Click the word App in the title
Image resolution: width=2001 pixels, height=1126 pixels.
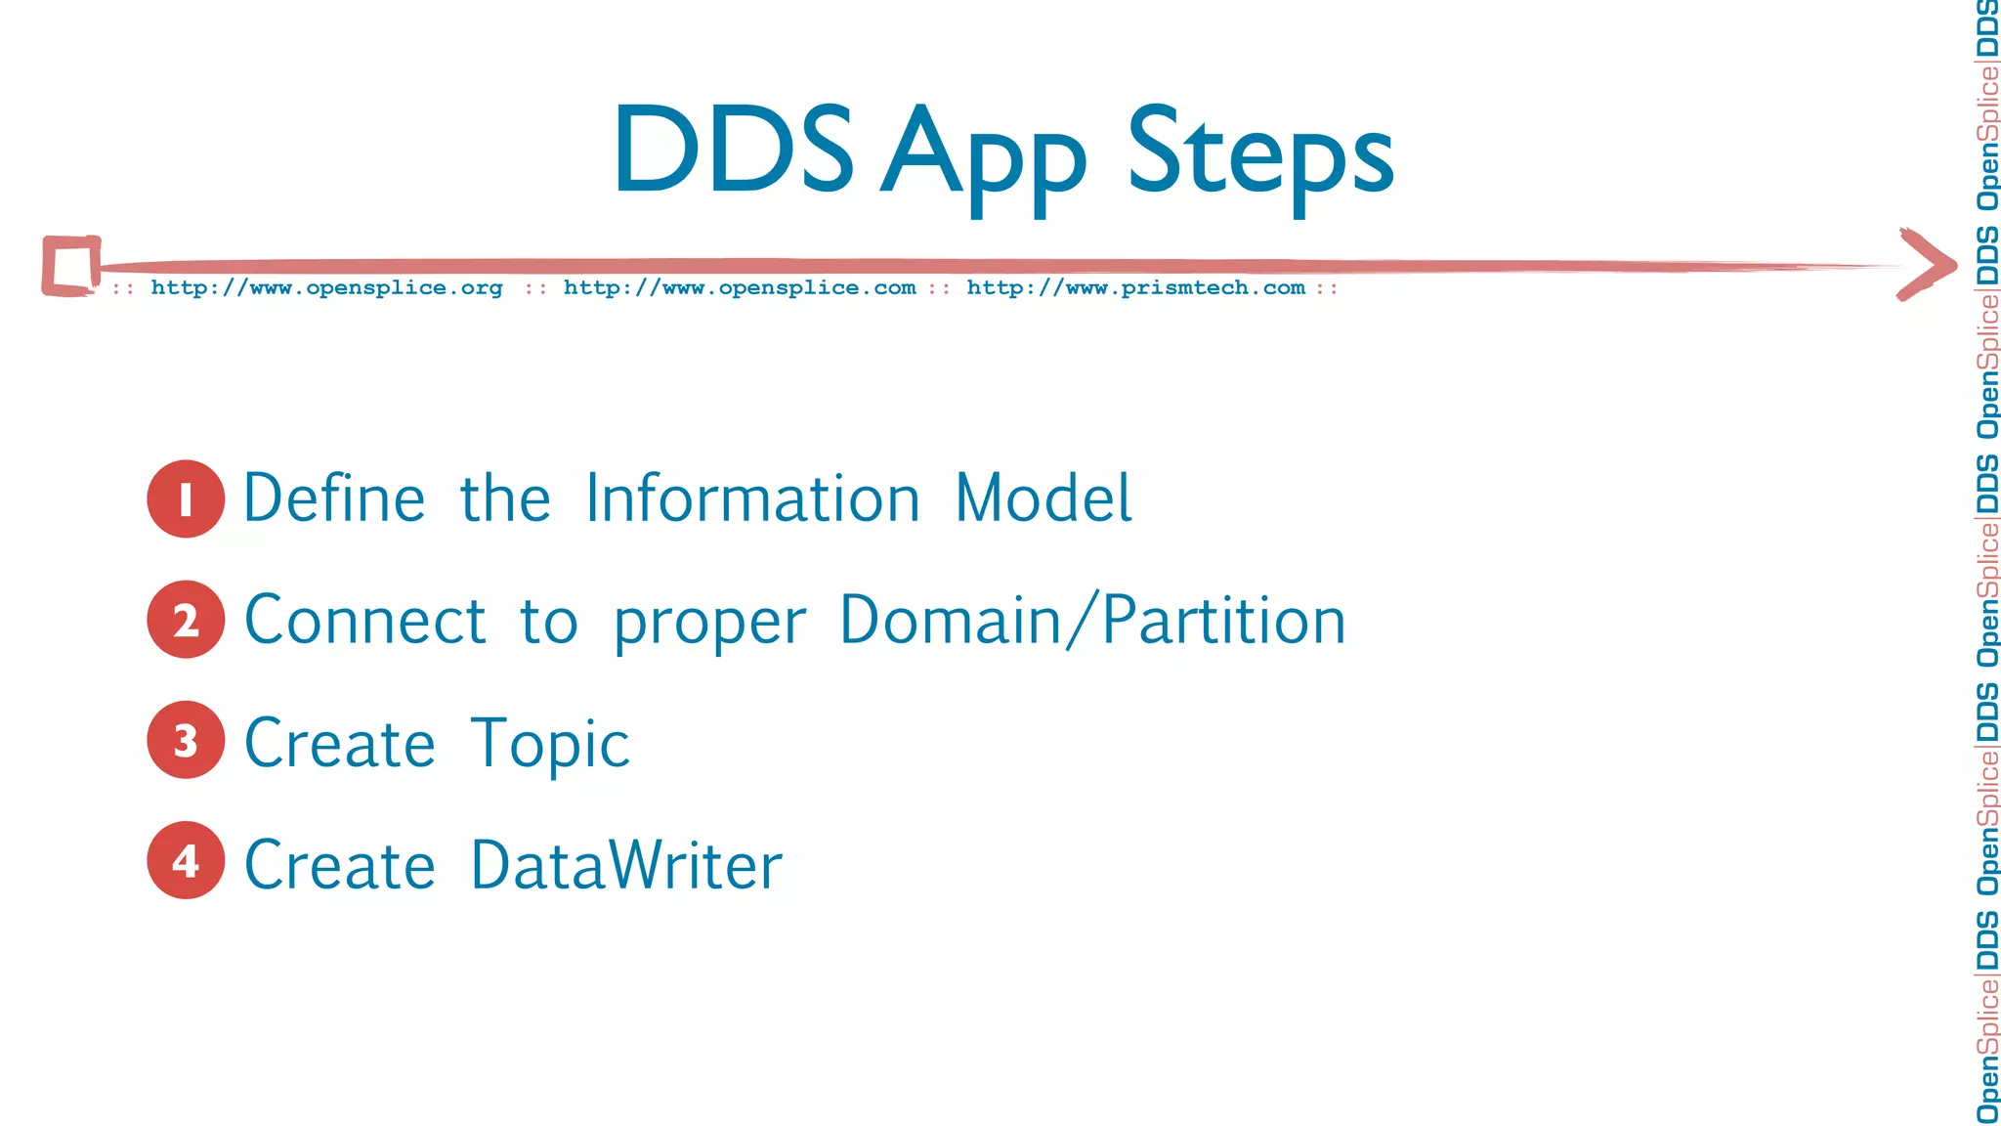[x=983, y=156]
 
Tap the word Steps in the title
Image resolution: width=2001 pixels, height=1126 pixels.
[x=1260, y=156]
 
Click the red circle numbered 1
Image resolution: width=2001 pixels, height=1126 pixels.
[x=186, y=498]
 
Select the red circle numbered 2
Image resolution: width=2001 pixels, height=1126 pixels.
[x=186, y=620]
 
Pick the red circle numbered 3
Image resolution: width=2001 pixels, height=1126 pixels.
[x=186, y=740]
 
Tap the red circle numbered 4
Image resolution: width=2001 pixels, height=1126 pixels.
[x=186, y=860]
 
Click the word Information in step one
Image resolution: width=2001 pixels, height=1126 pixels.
[x=752, y=498]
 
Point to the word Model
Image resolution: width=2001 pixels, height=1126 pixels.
[x=1043, y=498]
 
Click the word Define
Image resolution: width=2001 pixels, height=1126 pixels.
[x=334, y=498]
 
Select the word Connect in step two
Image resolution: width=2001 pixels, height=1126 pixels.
[x=364, y=621]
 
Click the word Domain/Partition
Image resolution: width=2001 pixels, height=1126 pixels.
[x=1092, y=621]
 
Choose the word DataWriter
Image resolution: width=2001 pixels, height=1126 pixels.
[x=626, y=865]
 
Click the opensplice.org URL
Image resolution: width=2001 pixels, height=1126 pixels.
[x=326, y=288]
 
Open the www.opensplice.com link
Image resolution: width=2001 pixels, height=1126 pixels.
[x=740, y=288]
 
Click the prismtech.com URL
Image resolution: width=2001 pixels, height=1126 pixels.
[x=1135, y=288]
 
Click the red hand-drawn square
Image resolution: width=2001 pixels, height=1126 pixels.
[x=71, y=265]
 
